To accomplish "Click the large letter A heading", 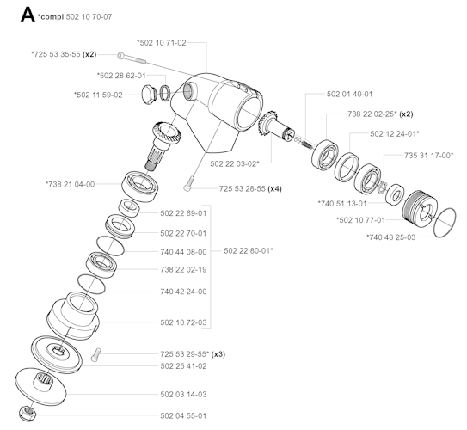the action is pyautogui.click(x=28, y=15).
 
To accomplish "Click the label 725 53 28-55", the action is pyautogui.click(x=243, y=189).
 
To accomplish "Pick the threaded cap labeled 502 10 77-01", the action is pyautogui.click(x=420, y=209).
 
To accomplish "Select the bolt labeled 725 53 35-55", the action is pyautogui.click(x=132, y=58).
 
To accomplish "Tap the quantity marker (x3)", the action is pyautogui.click(x=218, y=354).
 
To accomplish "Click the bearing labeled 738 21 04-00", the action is pyautogui.click(x=140, y=187).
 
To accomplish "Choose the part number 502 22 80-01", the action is pyautogui.click(x=249, y=251).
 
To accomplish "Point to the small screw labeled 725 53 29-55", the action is pyautogui.click(x=96, y=354).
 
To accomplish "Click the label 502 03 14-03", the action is pyautogui.click(x=183, y=394).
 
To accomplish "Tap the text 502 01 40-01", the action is pyautogui.click(x=349, y=94).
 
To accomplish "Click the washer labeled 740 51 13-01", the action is pyautogui.click(x=395, y=194).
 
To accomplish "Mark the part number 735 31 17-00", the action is pyautogui.click(x=428, y=155).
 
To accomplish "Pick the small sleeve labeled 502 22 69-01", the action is pyautogui.click(x=129, y=208).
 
